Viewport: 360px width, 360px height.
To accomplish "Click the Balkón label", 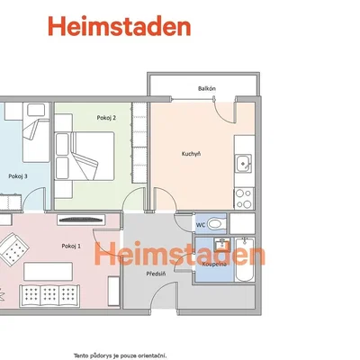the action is (207, 88).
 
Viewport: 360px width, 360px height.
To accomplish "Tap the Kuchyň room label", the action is (191, 154).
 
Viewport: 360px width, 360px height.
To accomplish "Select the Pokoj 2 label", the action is (106, 118).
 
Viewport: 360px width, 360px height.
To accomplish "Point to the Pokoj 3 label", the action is (18, 176).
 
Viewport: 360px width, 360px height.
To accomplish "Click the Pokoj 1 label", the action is (71, 246).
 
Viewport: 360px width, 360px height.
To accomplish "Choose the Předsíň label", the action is (156, 274).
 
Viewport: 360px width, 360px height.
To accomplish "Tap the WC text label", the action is (201, 225).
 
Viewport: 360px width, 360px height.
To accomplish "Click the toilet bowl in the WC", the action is (216, 223).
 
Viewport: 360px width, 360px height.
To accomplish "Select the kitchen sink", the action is (243, 164).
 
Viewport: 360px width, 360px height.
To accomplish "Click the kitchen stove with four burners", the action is (244, 199).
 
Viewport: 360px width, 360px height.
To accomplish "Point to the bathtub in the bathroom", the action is (245, 260).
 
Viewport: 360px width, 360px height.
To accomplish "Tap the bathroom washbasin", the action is (222, 245).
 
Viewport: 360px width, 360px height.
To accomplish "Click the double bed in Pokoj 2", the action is (85, 156).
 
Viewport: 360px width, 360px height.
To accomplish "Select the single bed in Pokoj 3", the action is (36, 132).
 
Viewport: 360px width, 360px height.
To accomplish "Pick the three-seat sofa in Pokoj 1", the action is (49, 296).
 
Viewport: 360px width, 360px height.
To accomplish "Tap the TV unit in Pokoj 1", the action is (81, 220).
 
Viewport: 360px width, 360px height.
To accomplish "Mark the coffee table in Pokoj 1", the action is (48, 272).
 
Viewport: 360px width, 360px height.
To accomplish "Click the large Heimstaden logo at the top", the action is (120, 26).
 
